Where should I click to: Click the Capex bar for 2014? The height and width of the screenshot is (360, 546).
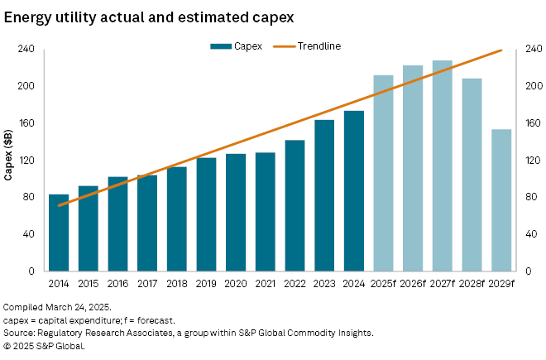59,233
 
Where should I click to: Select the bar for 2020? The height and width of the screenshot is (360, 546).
236,213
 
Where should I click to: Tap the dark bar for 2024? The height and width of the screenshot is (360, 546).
354,191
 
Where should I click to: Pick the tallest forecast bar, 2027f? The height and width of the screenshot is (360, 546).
443,166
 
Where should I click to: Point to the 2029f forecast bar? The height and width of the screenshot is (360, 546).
501,200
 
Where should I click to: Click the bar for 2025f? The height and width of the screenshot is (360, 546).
383,173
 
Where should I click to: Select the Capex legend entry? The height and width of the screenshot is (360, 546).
237,46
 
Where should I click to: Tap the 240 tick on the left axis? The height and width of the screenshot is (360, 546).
26,50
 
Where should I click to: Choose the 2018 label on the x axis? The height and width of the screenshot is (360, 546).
176,283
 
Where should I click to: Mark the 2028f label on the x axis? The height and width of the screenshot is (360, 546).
472,283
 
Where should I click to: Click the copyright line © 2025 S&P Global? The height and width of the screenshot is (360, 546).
44,346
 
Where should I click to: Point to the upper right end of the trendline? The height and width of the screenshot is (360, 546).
501,50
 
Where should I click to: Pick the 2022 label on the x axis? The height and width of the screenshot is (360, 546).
295,283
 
